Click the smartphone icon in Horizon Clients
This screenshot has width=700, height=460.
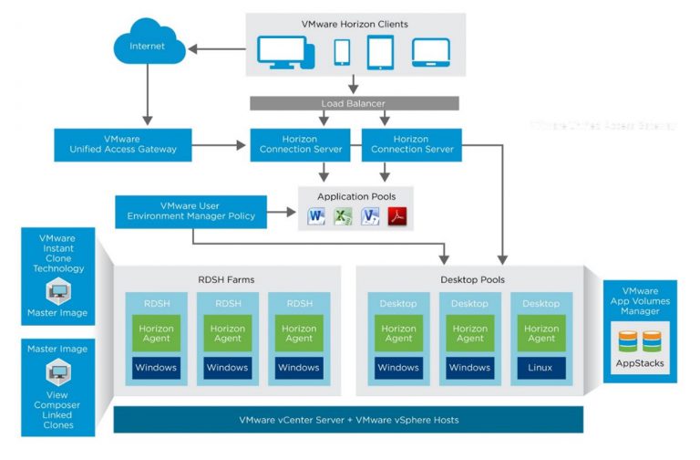tap(342, 52)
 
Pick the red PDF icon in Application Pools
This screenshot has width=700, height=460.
tap(396, 216)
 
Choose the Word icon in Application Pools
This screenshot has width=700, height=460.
tap(315, 216)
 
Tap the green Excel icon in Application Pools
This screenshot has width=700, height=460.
tap(343, 216)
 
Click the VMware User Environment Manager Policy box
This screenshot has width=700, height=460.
tap(191, 211)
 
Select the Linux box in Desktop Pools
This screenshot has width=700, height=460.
tap(540, 368)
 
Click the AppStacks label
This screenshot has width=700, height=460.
tap(639, 362)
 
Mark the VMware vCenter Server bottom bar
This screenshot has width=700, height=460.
tap(348, 420)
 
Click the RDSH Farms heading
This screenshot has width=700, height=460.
tap(227, 279)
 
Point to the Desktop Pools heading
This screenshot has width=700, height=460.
tap(471, 279)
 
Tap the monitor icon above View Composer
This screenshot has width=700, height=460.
tap(58, 371)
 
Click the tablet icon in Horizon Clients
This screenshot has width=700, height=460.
tap(379, 52)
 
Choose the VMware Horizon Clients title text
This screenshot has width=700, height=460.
tap(355, 24)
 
